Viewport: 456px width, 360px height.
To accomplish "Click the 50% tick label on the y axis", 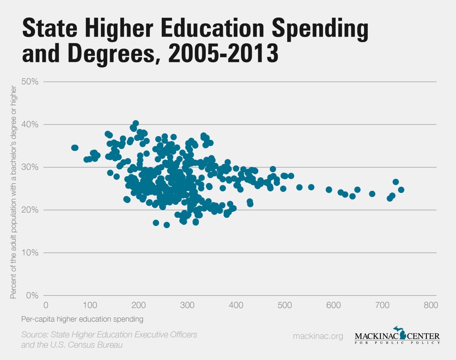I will (30, 82).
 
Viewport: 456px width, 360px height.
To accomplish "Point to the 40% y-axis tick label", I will (30, 125).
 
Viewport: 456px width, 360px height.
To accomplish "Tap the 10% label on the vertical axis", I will (30, 253).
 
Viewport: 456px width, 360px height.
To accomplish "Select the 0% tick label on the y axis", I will (32, 296).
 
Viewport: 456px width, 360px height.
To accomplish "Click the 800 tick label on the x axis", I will (431, 305).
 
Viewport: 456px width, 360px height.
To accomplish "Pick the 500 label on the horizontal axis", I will (285, 305).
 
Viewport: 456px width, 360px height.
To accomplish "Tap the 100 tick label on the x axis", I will (90, 305).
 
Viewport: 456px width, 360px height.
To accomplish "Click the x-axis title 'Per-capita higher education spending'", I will (82, 319).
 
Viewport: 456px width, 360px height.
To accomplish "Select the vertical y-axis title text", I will (13, 192).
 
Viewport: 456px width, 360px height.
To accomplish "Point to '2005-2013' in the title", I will (223, 53).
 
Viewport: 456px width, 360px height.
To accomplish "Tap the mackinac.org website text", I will (318, 336).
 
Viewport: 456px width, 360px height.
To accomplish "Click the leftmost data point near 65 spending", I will (75, 148).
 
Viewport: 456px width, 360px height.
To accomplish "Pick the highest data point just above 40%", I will (136, 123).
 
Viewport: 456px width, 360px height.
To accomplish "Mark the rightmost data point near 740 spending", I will (401, 190).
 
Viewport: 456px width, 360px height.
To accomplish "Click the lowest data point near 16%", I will (167, 225).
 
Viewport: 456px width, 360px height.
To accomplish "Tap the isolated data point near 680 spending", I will (372, 194).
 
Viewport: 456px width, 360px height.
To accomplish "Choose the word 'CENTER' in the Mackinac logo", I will (424, 336).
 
